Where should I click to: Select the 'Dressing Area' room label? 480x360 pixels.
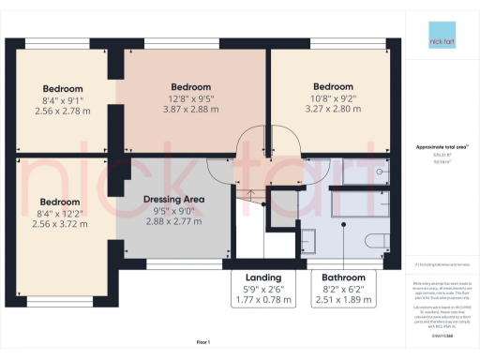click(x=173, y=200)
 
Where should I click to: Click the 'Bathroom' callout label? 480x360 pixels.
click(x=344, y=278)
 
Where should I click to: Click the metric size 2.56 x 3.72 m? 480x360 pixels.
click(x=61, y=225)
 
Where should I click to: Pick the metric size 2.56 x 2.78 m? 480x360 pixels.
click(x=61, y=111)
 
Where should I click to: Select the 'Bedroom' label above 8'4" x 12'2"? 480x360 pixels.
click(x=61, y=202)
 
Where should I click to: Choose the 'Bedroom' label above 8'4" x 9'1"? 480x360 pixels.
click(x=61, y=88)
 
